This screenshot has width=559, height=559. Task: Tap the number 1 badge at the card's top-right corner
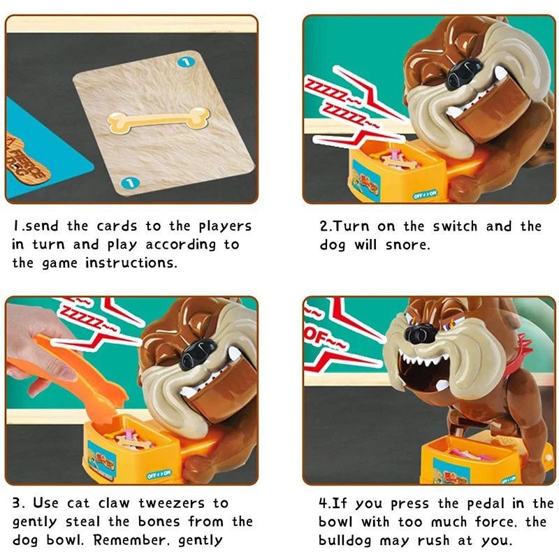coord(185,62)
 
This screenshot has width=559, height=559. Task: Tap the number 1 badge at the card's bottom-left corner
coord(126,183)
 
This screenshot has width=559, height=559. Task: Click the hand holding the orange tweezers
coord(35,339)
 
